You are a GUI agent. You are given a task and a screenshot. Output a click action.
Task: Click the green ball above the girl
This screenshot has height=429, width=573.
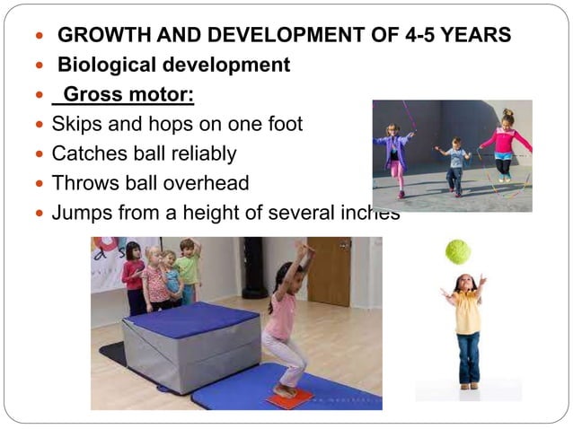[x=458, y=251]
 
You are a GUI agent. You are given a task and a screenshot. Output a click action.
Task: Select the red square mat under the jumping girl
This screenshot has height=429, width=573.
[x=289, y=398]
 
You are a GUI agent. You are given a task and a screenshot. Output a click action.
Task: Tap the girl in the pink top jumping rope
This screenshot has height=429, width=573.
[x=505, y=144]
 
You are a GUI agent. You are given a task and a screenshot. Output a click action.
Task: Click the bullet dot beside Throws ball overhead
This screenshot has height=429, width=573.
[x=38, y=184]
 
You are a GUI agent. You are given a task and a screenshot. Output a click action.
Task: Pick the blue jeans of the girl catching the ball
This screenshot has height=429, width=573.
[x=467, y=357]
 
